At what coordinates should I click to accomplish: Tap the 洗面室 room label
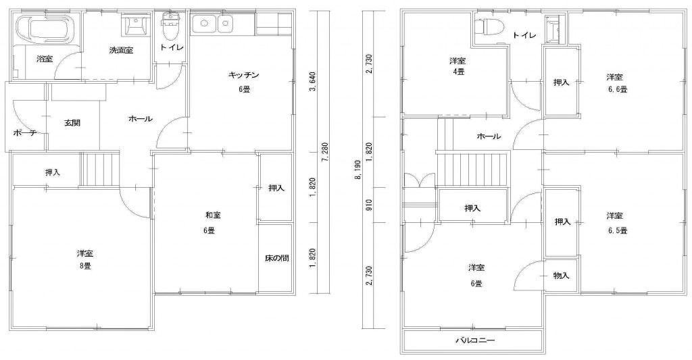click(x=121, y=50)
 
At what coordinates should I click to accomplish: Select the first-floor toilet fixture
click(x=170, y=27)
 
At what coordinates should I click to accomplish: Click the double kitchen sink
click(x=212, y=24)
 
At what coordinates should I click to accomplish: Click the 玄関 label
click(x=72, y=123)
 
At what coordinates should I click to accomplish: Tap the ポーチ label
click(x=24, y=132)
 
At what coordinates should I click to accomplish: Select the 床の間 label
click(x=276, y=257)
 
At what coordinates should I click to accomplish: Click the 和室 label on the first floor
click(x=213, y=215)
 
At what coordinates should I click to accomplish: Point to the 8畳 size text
click(x=84, y=266)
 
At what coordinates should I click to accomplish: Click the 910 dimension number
click(x=369, y=205)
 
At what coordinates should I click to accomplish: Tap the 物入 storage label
click(x=561, y=276)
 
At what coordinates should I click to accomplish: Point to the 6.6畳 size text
click(x=617, y=89)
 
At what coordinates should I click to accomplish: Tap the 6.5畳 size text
click(x=617, y=230)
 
